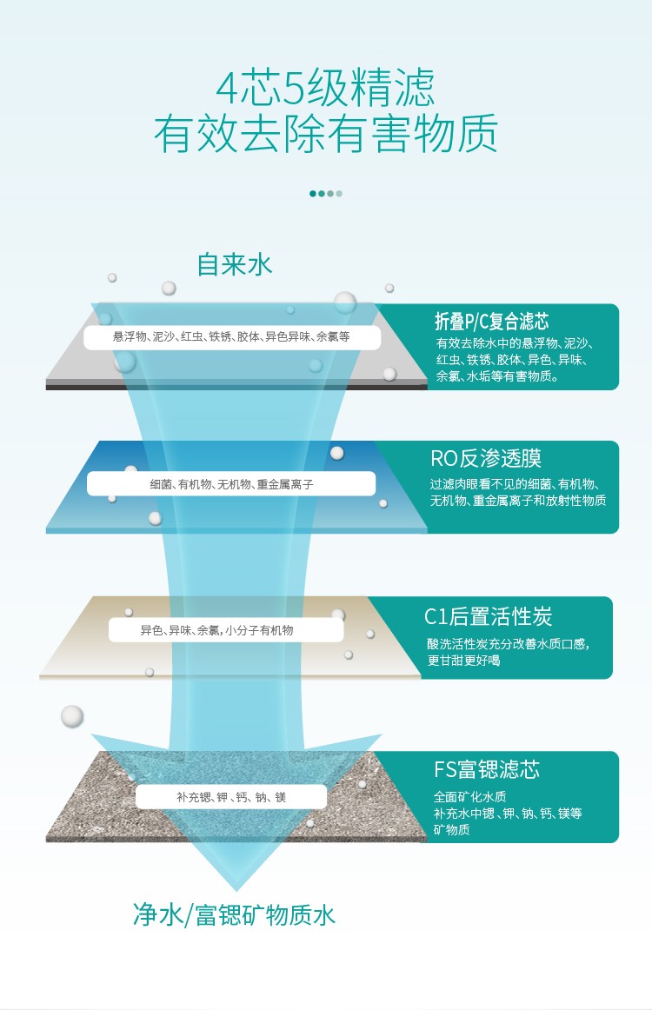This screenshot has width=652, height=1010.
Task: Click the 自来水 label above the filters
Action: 235,264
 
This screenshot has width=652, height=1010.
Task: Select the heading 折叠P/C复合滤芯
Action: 492,322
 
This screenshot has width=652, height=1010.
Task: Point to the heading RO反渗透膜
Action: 486,458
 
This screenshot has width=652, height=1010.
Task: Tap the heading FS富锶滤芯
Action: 487,769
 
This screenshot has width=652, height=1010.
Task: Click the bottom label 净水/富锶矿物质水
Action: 235,914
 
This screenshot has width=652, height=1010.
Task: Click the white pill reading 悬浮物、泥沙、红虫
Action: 231,337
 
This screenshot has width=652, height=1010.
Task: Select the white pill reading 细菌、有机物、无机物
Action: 231,484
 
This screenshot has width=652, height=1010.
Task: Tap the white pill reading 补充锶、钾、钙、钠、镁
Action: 231,797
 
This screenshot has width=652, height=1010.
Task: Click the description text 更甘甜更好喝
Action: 463,661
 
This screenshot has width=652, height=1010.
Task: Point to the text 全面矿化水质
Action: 469,796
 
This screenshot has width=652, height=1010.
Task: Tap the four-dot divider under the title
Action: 326,193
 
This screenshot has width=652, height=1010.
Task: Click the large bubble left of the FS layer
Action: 72,716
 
